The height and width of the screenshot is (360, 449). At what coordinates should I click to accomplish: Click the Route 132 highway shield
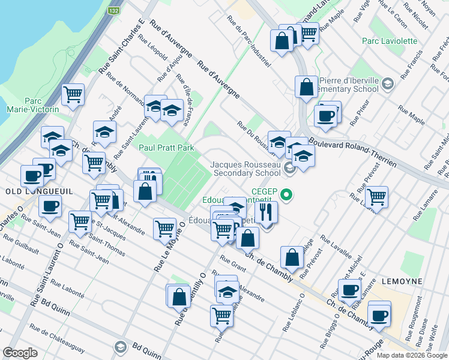tap(114, 11)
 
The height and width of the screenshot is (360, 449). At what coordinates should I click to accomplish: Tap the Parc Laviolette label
tap(390, 41)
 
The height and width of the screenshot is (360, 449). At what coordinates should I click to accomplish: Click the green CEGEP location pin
tap(287, 194)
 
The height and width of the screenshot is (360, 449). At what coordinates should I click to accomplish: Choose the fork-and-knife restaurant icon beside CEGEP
tap(265, 212)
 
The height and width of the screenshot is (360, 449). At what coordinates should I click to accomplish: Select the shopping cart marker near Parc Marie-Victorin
tap(73, 94)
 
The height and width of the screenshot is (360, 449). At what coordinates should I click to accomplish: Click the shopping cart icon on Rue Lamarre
tap(376, 197)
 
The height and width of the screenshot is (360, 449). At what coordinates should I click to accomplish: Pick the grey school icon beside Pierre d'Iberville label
tap(387, 84)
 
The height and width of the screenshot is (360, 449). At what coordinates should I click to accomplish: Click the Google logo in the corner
tap(20, 353)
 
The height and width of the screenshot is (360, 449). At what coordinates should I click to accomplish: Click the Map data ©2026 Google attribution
tap(412, 355)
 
